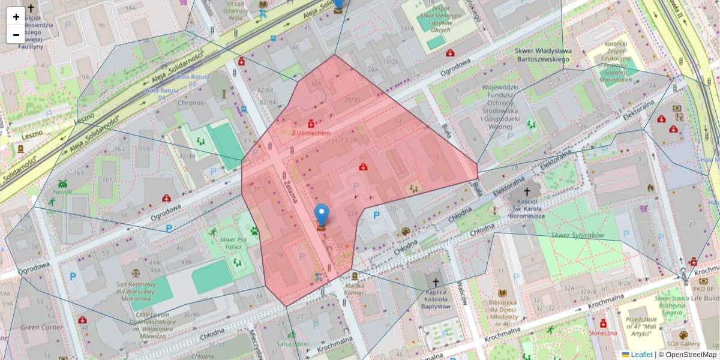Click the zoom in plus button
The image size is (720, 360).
16,17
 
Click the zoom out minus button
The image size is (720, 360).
16,35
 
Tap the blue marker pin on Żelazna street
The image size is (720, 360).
322,214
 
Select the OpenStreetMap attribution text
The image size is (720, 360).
691,355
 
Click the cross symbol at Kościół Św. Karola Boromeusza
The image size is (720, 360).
527,192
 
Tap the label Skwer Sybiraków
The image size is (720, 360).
577,236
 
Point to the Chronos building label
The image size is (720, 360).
190,103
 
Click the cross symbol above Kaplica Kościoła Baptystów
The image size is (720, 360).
436,281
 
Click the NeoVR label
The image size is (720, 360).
63,193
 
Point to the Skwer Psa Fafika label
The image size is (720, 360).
234,243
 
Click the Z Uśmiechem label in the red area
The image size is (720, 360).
311,133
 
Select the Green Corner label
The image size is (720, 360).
41,328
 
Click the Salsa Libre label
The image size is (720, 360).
293,344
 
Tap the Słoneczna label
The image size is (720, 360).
602,332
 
